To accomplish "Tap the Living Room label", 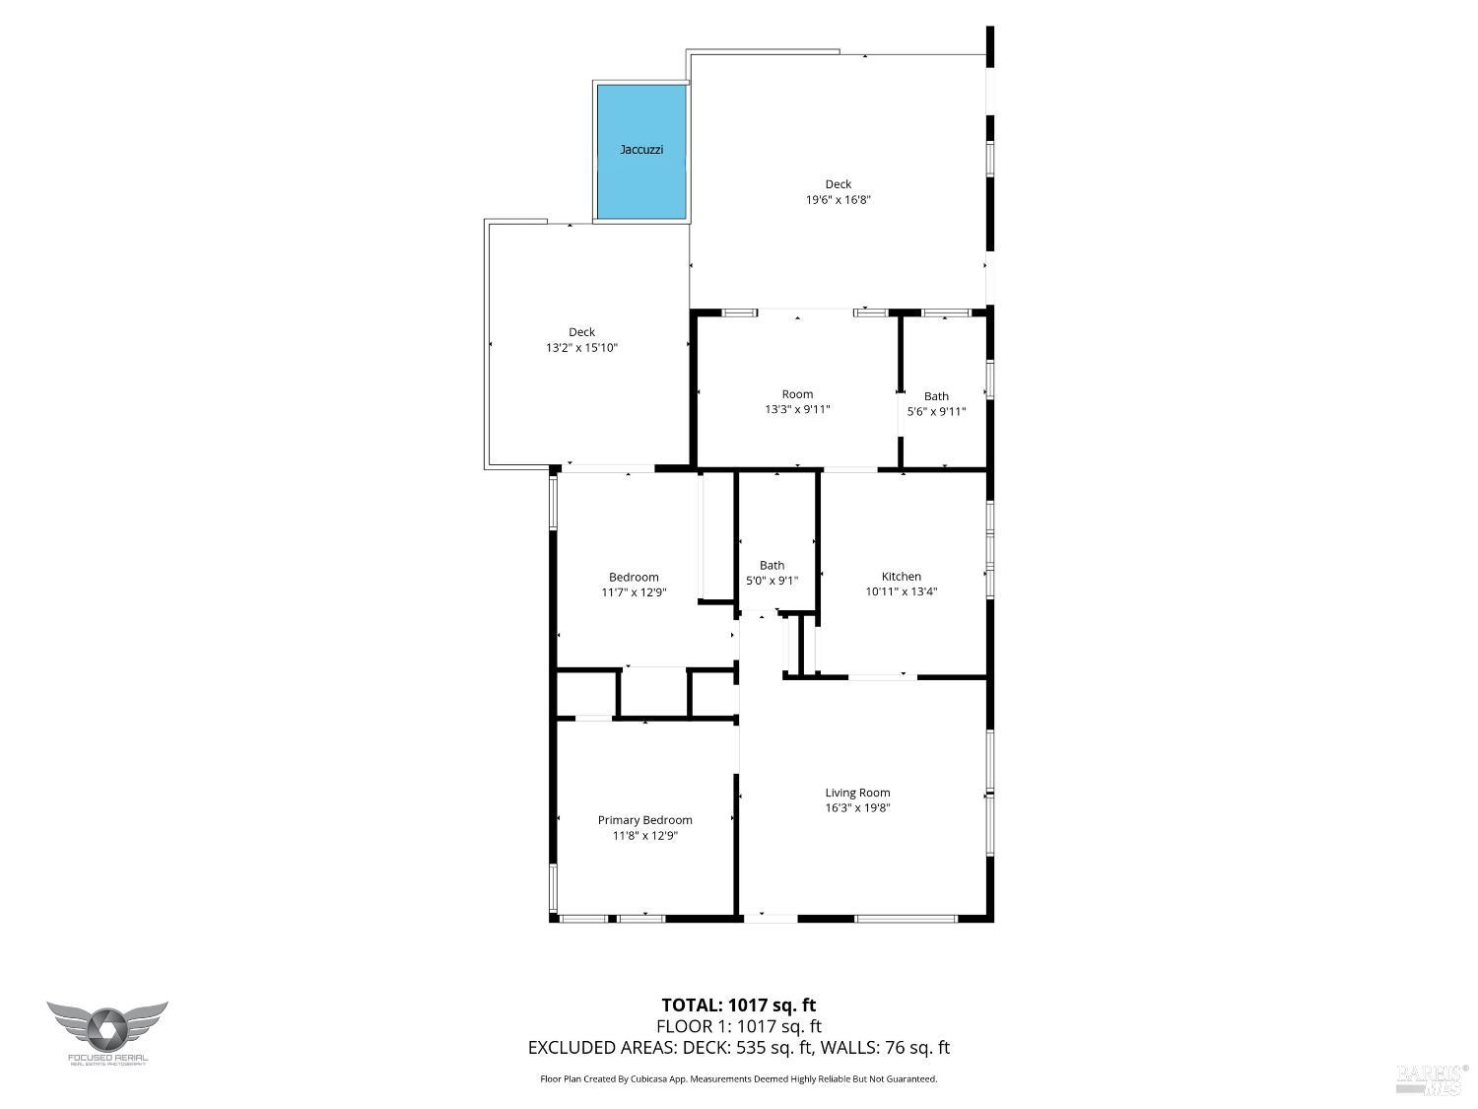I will pos(857,792).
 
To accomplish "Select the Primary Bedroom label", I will pos(644,819).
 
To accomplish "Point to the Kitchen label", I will pos(901,576).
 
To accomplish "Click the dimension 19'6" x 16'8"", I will pos(838,199).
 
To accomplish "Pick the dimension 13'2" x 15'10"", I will pos(581,347).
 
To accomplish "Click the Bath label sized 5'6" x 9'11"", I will pos(936,396).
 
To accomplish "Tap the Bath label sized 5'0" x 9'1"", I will pos(772,565).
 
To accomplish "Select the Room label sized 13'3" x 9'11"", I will pos(797,393).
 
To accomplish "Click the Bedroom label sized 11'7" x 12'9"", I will pos(634,577).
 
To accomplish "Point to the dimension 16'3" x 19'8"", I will pos(857,807).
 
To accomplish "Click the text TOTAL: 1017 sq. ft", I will pos(738,1005).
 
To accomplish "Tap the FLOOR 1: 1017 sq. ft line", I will pos(738,1026).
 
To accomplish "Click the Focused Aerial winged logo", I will pos(106,1030).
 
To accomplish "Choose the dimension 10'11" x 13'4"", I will pos(901,591).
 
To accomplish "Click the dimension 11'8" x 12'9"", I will pos(644,835).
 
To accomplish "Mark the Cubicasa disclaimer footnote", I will pos(738,1078).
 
